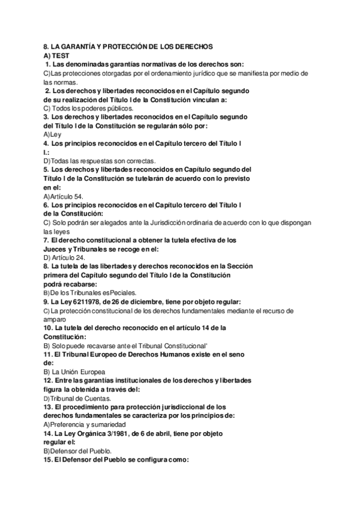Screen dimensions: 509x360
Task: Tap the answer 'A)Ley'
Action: click(x=53, y=134)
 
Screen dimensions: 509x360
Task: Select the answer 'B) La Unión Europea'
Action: click(x=76, y=372)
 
